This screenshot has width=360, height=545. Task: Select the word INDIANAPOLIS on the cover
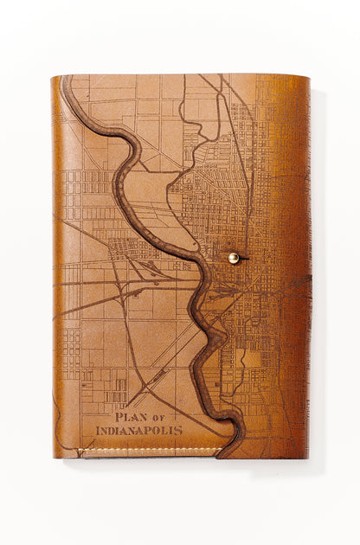139,429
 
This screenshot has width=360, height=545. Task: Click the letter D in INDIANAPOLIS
112,429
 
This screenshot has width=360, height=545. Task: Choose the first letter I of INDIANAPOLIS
98,429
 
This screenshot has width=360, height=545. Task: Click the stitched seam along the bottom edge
147,450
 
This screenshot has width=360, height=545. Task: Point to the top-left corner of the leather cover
53,77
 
